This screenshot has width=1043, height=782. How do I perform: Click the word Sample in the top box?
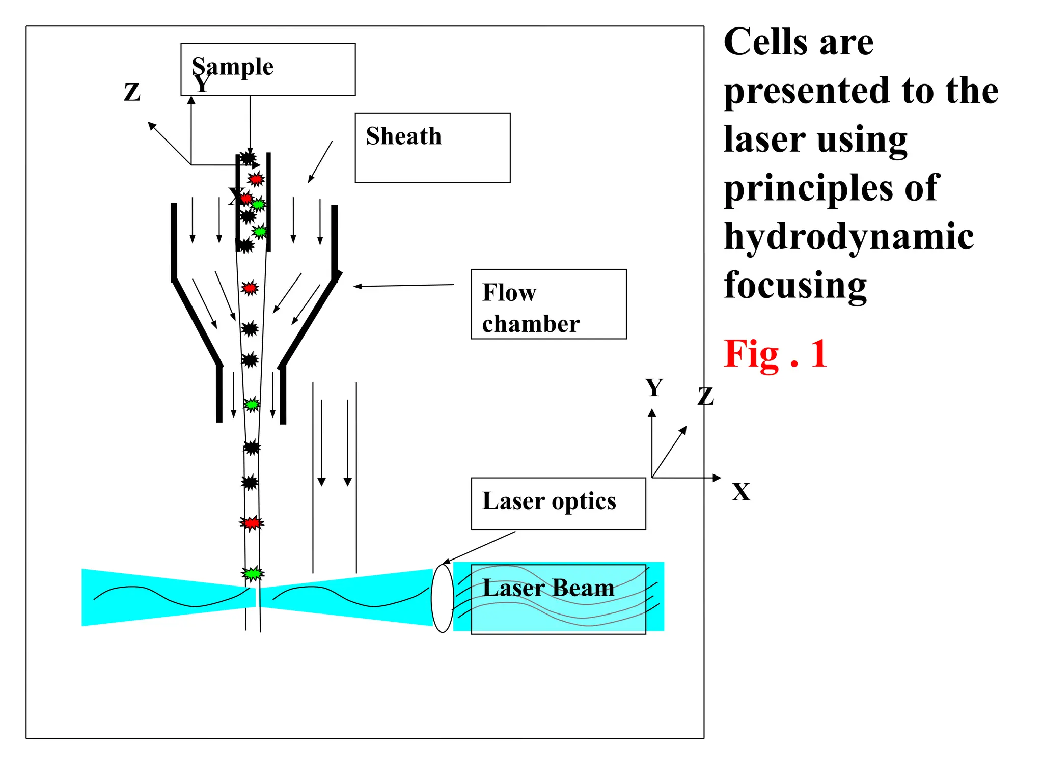[233, 66]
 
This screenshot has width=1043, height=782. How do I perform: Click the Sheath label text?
[403, 136]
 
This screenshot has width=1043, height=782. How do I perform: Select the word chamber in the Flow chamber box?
[531, 324]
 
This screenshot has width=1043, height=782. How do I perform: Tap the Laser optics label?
[549, 501]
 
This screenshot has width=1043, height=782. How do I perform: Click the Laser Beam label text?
[548, 588]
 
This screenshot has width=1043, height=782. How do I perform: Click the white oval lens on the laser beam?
[442, 598]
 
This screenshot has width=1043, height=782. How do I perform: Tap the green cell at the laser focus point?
[253, 574]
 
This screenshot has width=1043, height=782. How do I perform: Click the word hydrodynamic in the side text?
[848, 237]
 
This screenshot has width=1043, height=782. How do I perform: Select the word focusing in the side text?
[795, 285]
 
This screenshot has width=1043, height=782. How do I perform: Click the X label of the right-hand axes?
[740, 492]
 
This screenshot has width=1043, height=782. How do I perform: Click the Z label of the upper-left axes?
[132, 93]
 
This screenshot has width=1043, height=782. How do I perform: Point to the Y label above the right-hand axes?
[654, 388]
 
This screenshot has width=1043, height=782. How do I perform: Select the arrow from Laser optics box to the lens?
[479, 547]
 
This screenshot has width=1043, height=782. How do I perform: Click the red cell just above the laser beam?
[252, 523]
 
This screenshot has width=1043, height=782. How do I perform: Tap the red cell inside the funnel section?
[250, 288]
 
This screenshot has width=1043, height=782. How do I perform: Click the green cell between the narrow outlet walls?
[252, 405]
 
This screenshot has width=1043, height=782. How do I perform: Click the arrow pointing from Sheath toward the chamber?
[320, 162]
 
